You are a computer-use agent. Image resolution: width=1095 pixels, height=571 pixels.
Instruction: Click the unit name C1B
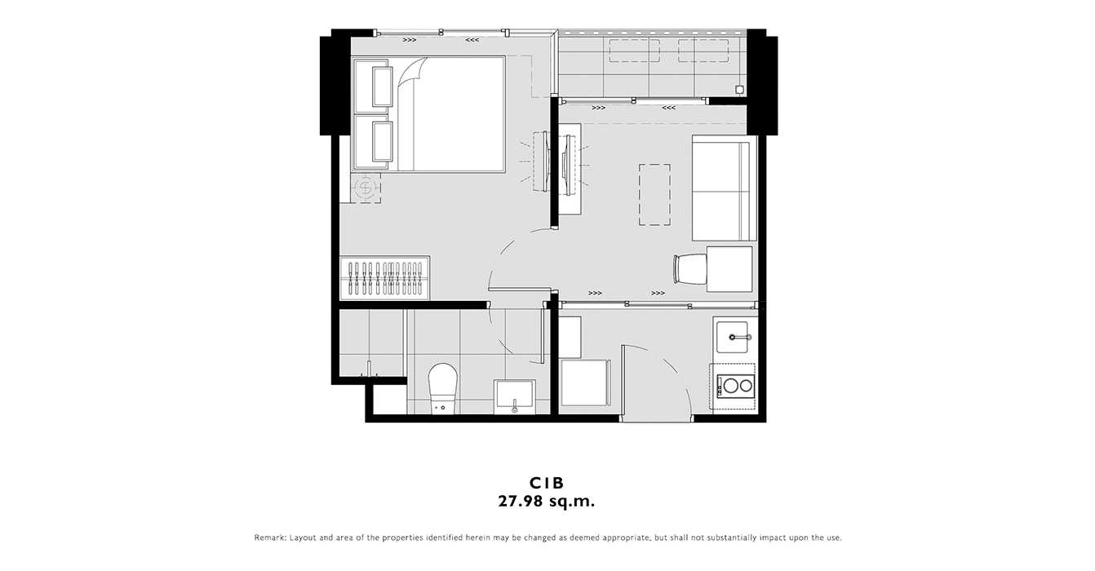point(547,483)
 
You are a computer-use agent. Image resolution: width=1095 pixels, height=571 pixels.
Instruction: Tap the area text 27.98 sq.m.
point(547,502)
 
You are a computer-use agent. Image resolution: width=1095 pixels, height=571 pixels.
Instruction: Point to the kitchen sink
point(732,337)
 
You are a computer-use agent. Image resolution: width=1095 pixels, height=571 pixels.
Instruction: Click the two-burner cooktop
point(736,386)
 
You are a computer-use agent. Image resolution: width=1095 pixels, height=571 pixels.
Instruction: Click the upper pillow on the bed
point(383,86)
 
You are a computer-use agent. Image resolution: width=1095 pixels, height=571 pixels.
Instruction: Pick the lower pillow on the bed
point(383,141)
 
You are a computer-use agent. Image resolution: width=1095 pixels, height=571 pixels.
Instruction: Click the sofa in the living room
point(724,188)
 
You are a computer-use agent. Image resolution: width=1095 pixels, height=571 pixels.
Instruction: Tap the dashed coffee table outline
point(654,195)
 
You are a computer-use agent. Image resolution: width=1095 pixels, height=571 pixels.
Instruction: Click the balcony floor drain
point(739,90)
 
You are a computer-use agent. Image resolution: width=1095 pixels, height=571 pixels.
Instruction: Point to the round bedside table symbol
point(366,188)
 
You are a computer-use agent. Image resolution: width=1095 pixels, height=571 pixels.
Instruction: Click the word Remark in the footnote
point(269,538)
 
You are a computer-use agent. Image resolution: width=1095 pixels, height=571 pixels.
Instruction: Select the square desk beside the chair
point(729,269)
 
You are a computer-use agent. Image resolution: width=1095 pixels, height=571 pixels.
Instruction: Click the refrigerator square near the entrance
point(585,383)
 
